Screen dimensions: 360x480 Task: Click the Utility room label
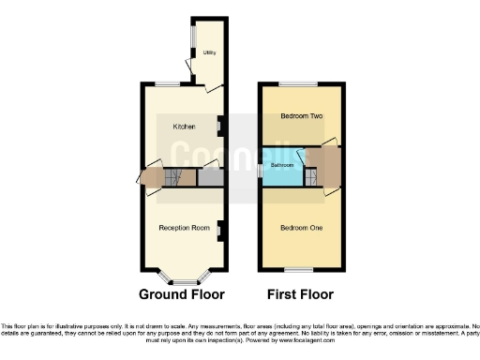209,52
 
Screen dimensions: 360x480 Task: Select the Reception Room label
183,228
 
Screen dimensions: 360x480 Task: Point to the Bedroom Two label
302,116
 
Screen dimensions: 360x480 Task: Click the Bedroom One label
302,228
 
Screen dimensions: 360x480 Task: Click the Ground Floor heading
182,293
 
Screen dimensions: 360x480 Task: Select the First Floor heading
301,293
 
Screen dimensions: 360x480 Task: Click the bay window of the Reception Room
183,279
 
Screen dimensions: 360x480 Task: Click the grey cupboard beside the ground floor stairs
208,176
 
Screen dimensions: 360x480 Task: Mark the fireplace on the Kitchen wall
219,123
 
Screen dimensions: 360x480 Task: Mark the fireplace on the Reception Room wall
219,228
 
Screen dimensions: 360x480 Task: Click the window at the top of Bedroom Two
302,85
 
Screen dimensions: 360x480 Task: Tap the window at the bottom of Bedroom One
302,268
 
